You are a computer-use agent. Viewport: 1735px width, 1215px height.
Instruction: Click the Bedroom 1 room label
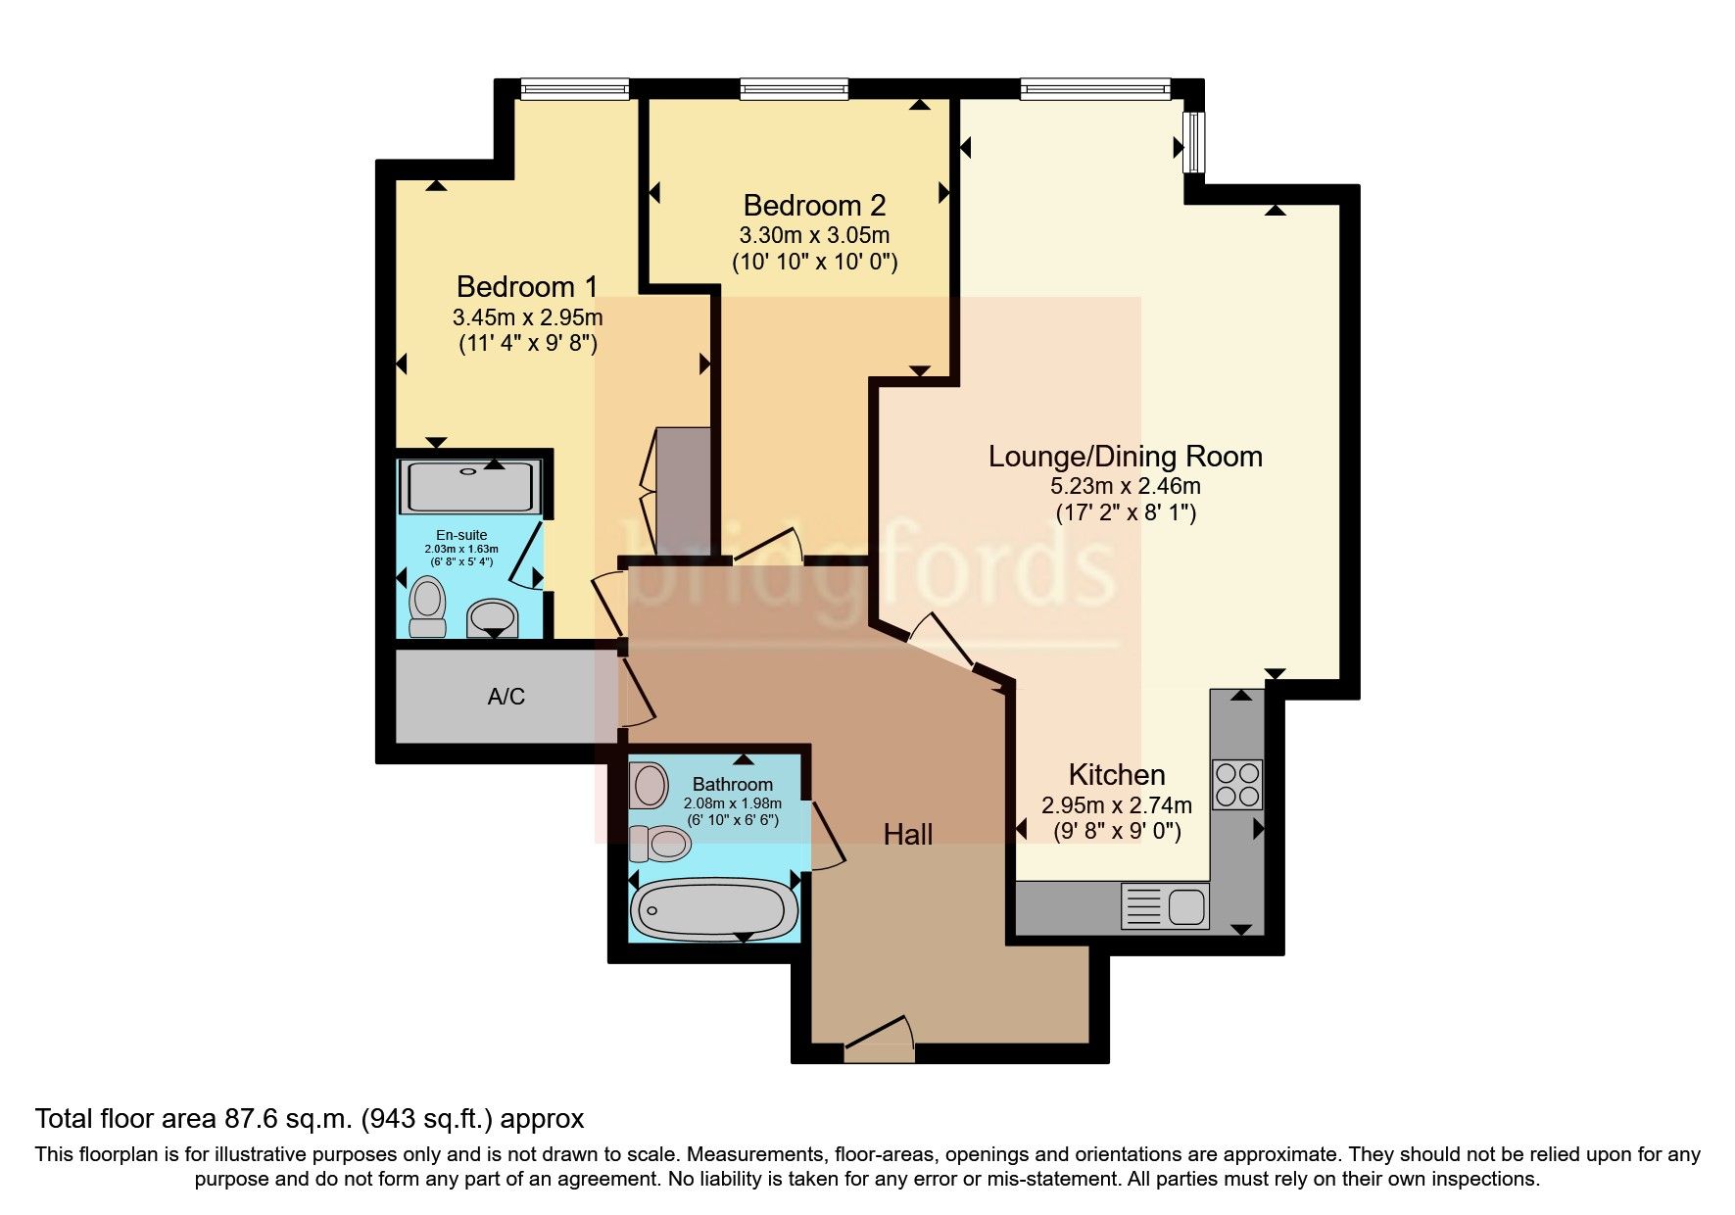[x=527, y=287]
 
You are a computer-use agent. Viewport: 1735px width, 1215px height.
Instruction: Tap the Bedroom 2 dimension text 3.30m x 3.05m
[x=813, y=236]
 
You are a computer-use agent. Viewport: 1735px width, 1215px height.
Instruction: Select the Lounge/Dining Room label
[x=1125, y=457]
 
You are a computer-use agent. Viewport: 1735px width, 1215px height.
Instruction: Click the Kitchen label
[x=1116, y=775]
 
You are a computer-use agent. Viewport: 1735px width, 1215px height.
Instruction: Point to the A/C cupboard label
[x=506, y=697]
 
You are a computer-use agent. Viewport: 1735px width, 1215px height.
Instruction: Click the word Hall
[x=907, y=835]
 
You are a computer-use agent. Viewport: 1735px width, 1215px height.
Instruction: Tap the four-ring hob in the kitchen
[x=1237, y=784]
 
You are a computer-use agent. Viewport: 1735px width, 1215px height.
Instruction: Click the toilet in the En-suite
[x=427, y=607]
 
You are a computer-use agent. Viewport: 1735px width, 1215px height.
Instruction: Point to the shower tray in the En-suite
[x=471, y=486]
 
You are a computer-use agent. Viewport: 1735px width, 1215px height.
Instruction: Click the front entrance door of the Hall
[x=879, y=1041]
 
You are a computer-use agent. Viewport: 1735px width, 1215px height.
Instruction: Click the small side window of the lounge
[x=1194, y=142]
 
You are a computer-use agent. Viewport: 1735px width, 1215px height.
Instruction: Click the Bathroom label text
[x=732, y=785]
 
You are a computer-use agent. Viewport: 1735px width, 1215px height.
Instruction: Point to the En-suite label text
[x=461, y=535]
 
